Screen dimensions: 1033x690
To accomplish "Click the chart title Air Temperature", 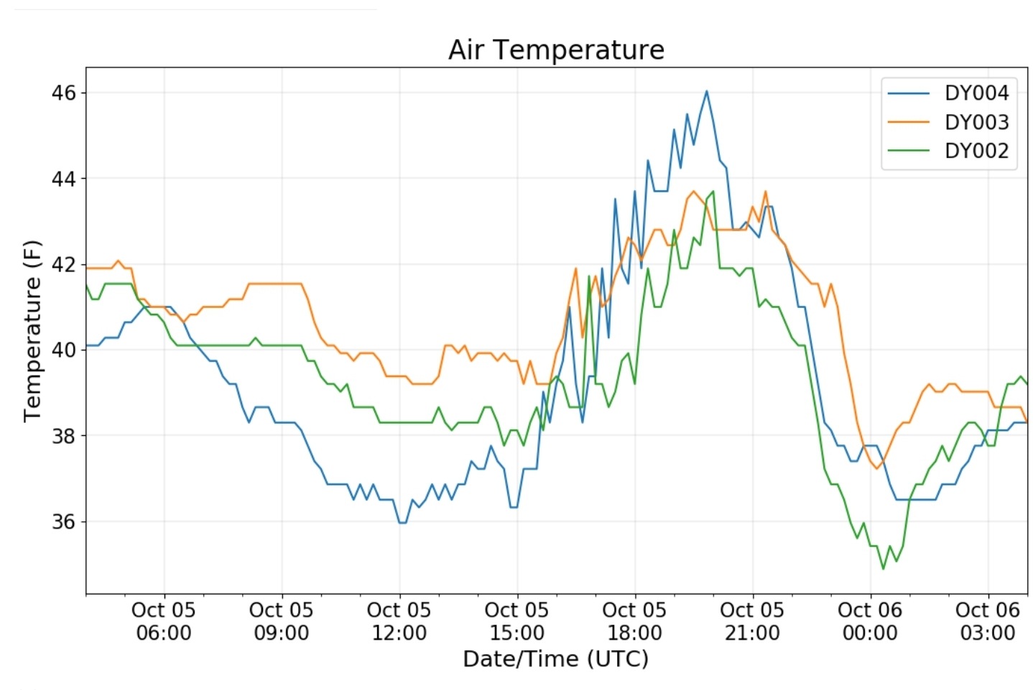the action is pos(556,50).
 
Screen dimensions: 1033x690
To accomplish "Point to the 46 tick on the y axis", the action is pos(64,93).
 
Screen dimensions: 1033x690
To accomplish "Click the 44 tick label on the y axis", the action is pos(64,178).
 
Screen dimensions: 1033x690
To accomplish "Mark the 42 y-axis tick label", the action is pos(64,264).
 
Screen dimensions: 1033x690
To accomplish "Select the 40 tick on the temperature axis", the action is pos(64,350).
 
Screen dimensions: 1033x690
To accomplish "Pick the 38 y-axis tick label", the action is pos(64,436).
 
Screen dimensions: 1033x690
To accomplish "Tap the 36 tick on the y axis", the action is pos(64,521).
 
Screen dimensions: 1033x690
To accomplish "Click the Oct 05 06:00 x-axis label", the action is pos(164,621).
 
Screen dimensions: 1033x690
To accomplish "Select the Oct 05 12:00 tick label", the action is pos(399,621).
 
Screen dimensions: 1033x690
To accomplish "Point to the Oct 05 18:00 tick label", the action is pos(634,621).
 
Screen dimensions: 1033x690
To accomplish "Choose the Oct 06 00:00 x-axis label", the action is pos(870,621).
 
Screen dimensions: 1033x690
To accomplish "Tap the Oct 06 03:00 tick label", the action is pos(988,621).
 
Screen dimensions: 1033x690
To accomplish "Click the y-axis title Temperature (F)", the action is pos(32,331).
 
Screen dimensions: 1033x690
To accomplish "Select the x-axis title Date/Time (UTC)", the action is pos(556,659).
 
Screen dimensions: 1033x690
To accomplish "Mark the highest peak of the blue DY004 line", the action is pos(706,90).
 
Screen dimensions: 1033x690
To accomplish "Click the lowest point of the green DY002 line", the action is pos(884,569).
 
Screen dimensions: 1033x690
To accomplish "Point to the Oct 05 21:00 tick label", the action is pos(752,621).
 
